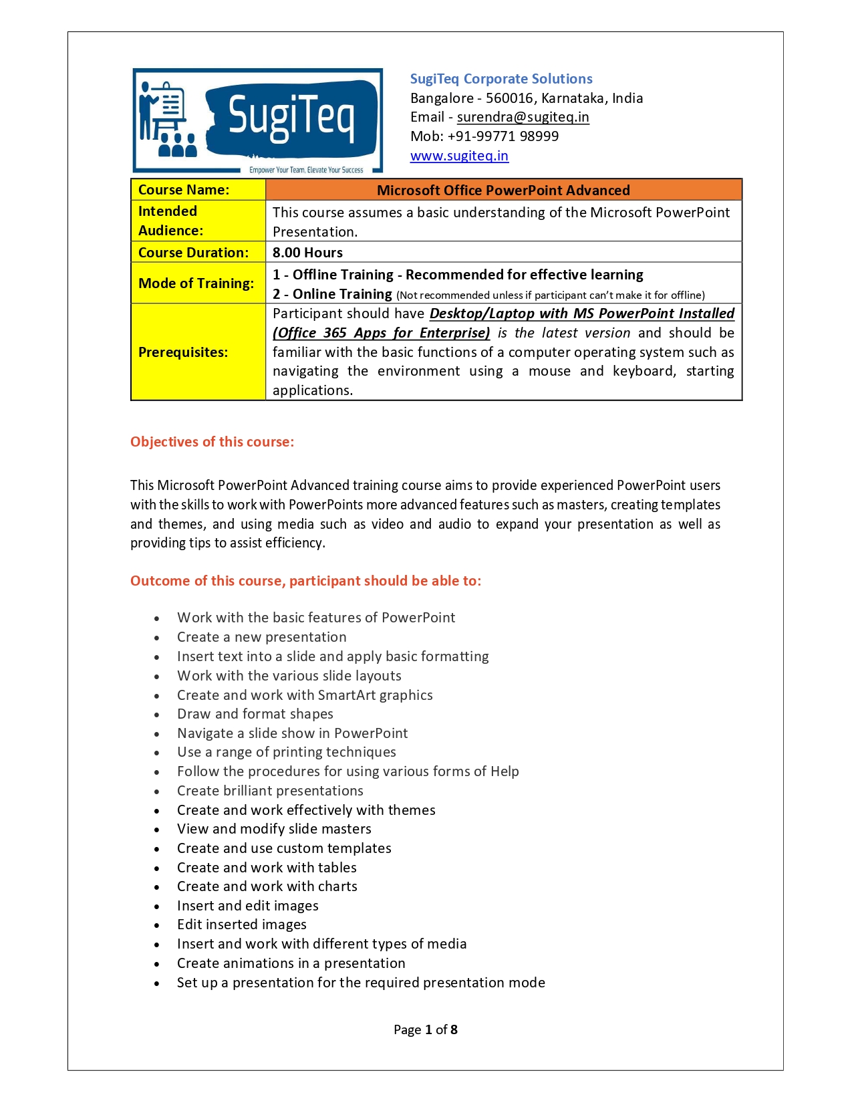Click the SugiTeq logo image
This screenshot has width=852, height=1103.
(x=258, y=120)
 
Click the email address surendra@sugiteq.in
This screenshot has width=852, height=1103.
(x=523, y=117)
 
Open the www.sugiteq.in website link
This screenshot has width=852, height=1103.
(x=459, y=156)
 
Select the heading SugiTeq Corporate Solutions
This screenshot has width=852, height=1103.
(x=501, y=79)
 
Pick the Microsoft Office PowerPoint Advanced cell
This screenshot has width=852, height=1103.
(x=503, y=191)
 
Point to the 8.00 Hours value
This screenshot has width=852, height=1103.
(x=307, y=253)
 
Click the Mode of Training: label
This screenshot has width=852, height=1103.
(x=196, y=283)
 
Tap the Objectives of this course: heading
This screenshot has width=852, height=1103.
(x=212, y=442)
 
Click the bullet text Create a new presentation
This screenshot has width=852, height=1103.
(x=261, y=637)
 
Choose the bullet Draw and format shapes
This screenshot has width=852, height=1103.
(x=255, y=714)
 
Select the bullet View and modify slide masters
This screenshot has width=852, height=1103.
(x=274, y=829)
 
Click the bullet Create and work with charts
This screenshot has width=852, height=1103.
(x=267, y=886)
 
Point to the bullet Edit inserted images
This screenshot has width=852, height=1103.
(x=241, y=925)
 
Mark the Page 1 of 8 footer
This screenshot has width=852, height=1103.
(x=426, y=1029)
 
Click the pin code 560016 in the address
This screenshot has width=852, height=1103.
(x=509, y=98)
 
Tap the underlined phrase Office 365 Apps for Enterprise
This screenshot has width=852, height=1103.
(x=382, y=333)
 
